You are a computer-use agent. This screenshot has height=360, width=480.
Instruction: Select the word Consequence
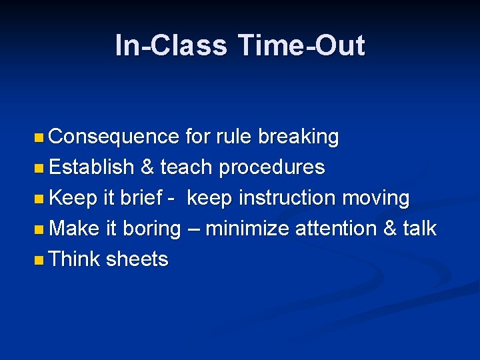point(114,137)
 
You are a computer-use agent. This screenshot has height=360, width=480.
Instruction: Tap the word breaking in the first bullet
point(298,137)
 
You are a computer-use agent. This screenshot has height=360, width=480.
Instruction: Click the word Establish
point(91,167)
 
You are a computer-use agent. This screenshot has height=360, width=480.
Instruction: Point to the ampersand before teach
point(147,167)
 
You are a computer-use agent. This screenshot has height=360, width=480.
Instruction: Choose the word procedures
point(272,167)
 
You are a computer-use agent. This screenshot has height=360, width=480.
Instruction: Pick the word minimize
point(248,229)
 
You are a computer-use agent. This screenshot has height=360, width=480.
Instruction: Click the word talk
point(419,229)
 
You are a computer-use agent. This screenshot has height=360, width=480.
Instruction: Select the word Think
point(75,259)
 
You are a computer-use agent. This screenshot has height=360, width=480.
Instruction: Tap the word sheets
point(137,259)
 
